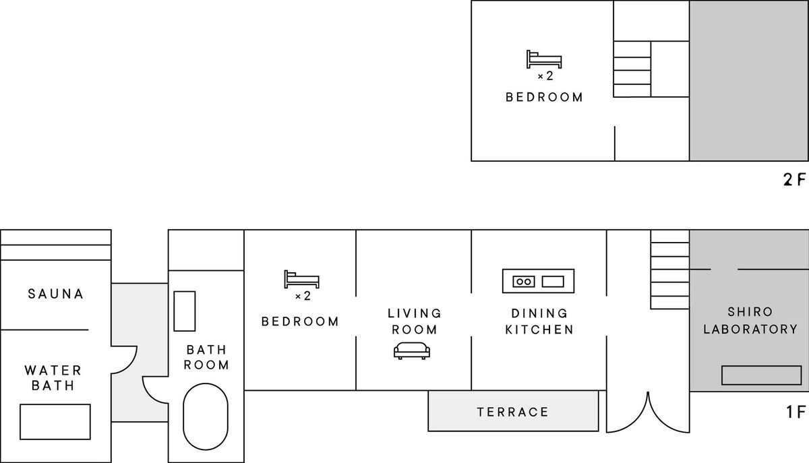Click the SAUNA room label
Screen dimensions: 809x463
(55, 294)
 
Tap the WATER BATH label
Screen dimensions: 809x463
(53, 378)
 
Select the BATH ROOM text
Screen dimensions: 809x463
(206, 357)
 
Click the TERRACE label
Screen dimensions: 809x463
(513, 412)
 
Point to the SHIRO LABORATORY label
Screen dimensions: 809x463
(750, 320)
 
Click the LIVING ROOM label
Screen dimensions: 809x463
(414, 321)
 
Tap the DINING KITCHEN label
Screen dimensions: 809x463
(539, 321)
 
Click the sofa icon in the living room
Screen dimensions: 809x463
(412, 350)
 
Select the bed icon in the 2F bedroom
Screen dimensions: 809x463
(544, 59)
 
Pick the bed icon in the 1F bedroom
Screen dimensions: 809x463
(301, 279)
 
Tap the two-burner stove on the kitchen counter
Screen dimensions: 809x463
(524, 281)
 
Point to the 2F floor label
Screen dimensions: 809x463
(795, 179)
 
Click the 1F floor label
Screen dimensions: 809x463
(796, 412)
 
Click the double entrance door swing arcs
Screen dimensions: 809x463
(648, 412)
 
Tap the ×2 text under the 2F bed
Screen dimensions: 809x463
(545, 76)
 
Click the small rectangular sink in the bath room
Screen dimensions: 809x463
(185, 311)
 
